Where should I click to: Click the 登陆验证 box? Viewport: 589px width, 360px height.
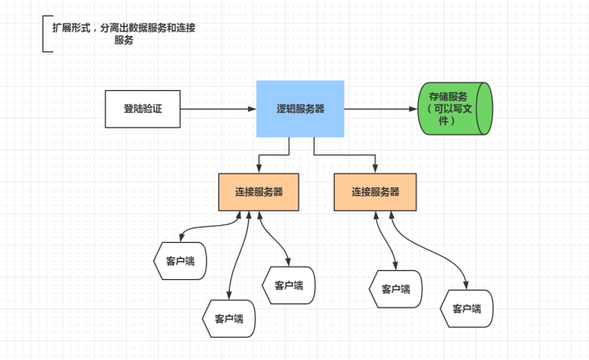coord(142,109)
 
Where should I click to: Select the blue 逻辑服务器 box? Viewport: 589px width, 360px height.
coord(299,109)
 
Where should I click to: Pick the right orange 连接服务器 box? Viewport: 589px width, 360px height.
coord(375,192)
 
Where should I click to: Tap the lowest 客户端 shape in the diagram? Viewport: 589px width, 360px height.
coord(229,318)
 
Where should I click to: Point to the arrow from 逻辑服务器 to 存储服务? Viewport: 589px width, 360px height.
coord(380,109)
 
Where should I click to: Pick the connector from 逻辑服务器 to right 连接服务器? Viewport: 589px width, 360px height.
coord(344,154)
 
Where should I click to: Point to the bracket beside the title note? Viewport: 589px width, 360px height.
coord(45,34)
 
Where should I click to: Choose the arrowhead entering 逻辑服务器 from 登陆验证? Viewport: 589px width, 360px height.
coord(251,109)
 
